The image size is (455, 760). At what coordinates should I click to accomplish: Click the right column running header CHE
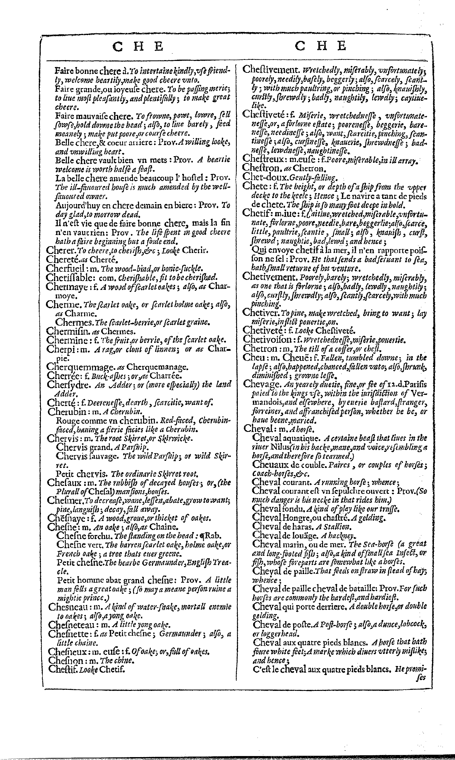pos(321,46)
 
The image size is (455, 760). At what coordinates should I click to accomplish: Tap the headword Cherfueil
pos(64,269)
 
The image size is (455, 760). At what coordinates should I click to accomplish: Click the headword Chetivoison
pos(267,340)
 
